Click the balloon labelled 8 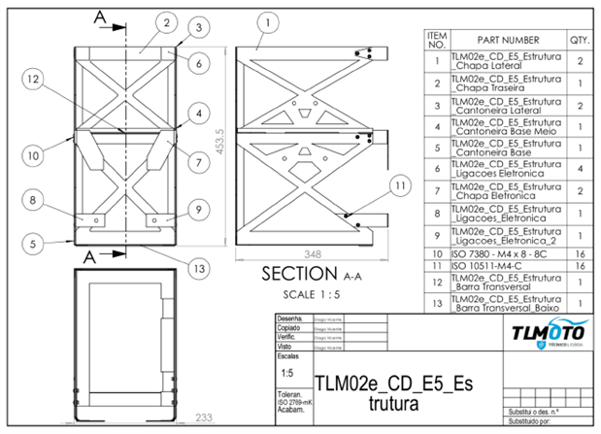pos(33,201)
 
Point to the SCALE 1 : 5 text pos(307,293)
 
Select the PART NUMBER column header pos(508,40)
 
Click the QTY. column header pos(580,40)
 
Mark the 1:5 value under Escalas pos(287,372)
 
